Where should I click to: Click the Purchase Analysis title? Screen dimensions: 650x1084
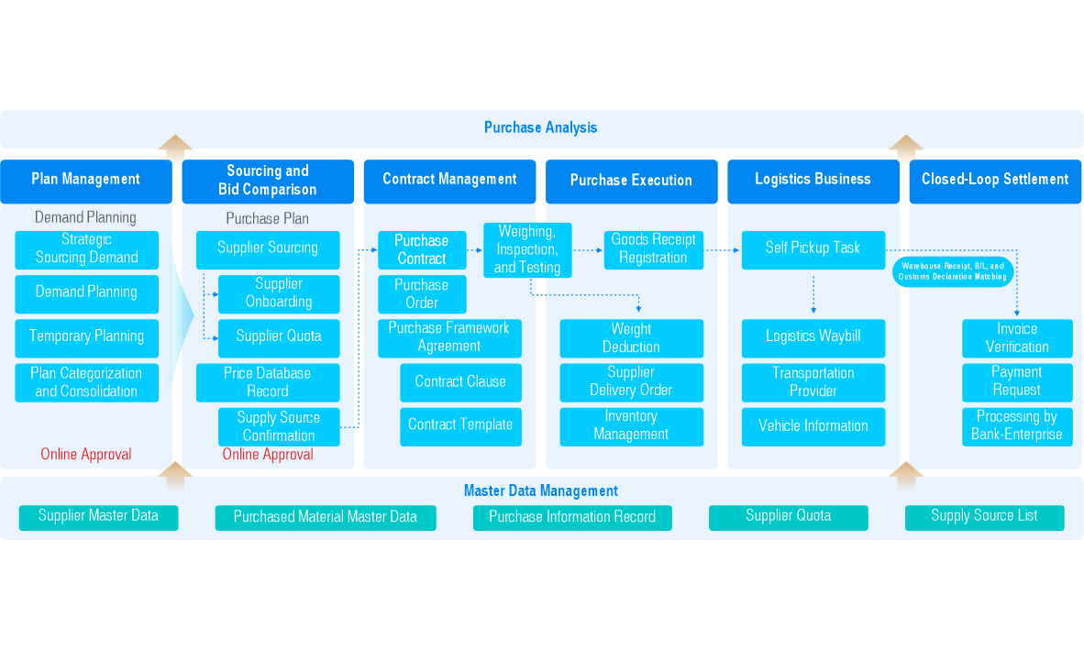pyautogui.click(x=540, y=128)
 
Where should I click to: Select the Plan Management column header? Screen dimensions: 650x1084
pyautogui.click(x=86, y=180)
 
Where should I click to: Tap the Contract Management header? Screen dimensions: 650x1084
pyautogui.click(x=449, y=180)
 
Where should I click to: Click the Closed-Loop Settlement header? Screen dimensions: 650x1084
pyautogui.click(x=995, y=180)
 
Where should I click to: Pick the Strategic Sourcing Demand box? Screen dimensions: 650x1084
pyautogui.click(x=86, y=249)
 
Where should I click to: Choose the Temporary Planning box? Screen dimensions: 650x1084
pyautogui.click(x=86, y=336)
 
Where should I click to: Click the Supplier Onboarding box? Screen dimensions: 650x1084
pyautogui.click(x=279, y=293)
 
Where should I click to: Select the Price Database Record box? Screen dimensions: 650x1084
pyautogui.click(x=268, y=382)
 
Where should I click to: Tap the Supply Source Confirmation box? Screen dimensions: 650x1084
pyautogui.click(x=279, y=426)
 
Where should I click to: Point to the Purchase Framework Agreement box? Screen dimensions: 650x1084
pyautogui.click(x=449, y=337)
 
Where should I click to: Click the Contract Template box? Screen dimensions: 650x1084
pyautogui.click(x=460, y=425)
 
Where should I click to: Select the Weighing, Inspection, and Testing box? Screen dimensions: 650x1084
pyautogui.click(x=527, y=249)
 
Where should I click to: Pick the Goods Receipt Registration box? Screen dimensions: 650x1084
pyautogui.click(x=653, y=249)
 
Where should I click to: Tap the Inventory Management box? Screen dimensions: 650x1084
pyautogui.click(x=631, y=426)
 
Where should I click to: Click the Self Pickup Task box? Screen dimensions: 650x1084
pyautogui.click(x=813, y=248)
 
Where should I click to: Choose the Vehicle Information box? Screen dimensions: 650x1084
pyautogui.click(x=813, y=426)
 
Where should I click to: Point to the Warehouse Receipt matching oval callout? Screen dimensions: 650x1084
pyautogui.click(x=951, y=271)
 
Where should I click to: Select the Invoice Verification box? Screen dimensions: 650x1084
pyautogui.click(x=1017, y=337)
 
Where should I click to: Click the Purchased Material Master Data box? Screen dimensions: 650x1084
pyautogui.click(x=326, y=517)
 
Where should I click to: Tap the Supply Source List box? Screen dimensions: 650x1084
pyautogui.click(x=984, y=517)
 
